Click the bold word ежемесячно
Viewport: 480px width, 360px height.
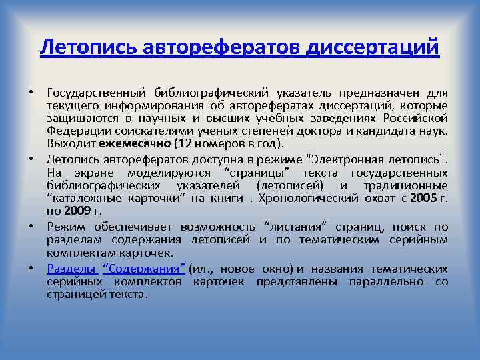[135, 143]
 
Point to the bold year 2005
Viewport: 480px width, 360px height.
[423, 198]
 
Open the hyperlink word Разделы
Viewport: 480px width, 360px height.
[71, 269]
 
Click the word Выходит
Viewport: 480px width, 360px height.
[71, 143]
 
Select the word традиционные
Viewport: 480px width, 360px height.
[407, 185]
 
